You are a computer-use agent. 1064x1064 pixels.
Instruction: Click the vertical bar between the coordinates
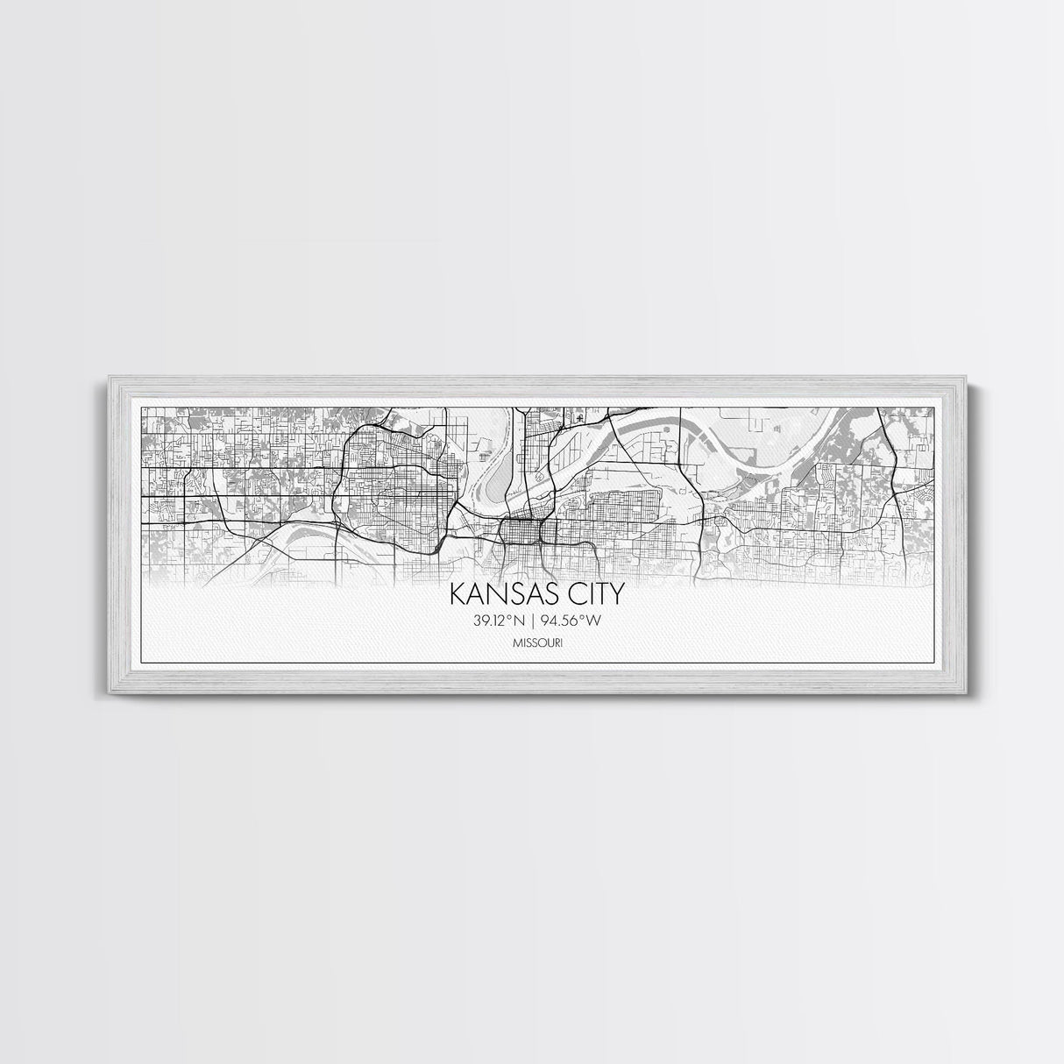(x=532, y=621)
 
